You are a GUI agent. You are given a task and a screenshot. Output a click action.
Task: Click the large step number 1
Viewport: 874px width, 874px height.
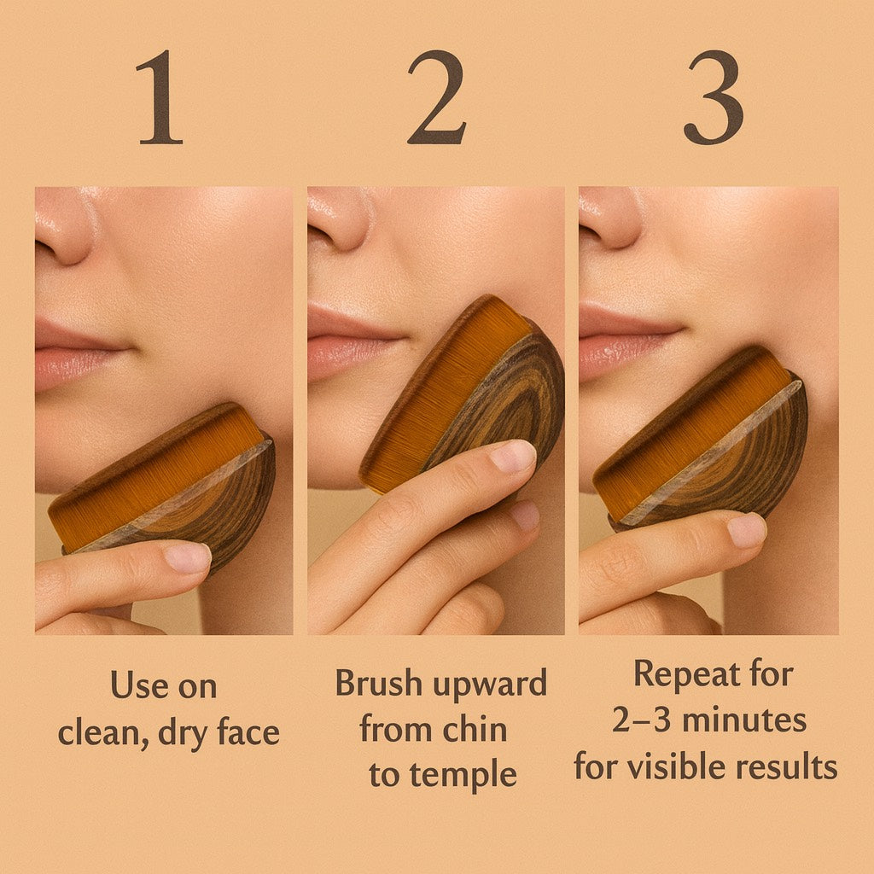pyautogui.click(x=160, y=98)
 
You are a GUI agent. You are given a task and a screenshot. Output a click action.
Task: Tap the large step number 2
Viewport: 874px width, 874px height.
pyautogui.click(x=436, y=98)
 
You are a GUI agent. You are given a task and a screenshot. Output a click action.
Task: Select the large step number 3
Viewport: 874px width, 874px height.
pyautogui.click(x=713, y=98)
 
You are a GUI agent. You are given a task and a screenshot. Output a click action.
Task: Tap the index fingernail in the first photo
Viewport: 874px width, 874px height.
pyautogui.click(x=186, y=558)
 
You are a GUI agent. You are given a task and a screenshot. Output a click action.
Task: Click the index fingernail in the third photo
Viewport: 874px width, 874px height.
pyautogui.click(x=746, y=531)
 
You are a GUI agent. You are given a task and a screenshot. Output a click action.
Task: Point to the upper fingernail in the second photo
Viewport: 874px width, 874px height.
pyautogui.click(x=514, y=457)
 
